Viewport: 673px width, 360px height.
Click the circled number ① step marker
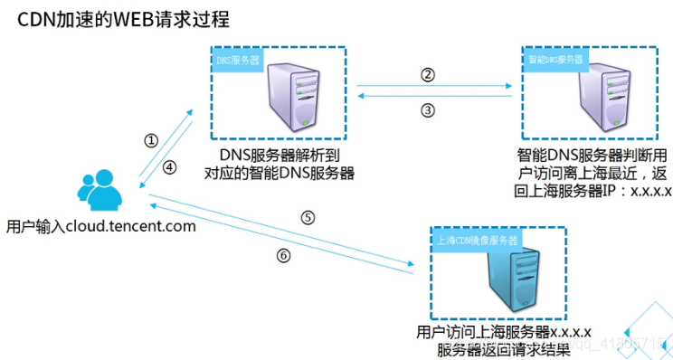point(151,141)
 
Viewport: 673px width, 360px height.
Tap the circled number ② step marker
point(429,75)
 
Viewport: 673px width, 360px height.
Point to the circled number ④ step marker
point(170,166)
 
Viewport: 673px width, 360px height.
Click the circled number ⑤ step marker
point(308,218)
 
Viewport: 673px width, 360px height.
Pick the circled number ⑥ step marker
point(284,255)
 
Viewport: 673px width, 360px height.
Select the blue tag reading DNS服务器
point(237,62)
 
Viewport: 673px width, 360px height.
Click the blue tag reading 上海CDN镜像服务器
point(477,242)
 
